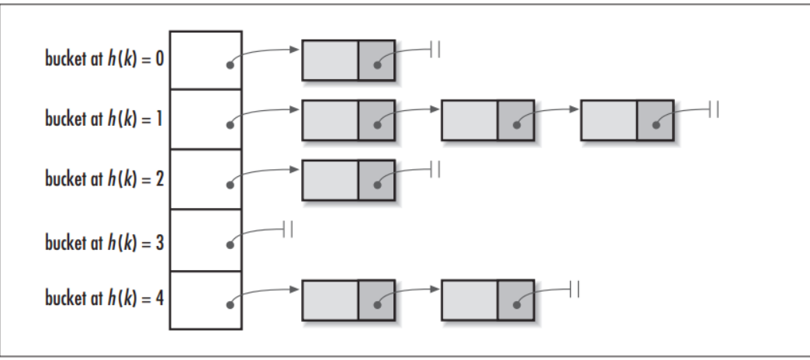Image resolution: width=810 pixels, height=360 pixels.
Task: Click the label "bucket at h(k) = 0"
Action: tap(104, 59)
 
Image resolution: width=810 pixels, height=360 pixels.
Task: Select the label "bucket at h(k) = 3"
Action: tap(104, 242)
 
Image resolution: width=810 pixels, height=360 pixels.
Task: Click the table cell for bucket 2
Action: tap(206, 179)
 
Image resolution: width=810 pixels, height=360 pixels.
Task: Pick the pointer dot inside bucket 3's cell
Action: tap(230, 245)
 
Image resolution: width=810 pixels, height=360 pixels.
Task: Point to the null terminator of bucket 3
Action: tap(289, 230)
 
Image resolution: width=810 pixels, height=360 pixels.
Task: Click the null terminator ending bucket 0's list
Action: tap(435, 50)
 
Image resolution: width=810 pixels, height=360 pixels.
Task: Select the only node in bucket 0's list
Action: tap(348, 61)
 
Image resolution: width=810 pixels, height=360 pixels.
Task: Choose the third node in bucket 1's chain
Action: tap(627, 120)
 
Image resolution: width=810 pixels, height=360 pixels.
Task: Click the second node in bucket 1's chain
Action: tap(488, 120)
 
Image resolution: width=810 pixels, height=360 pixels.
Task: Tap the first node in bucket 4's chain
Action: tap(348, 300)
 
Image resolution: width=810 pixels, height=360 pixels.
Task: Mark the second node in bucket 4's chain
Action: tap(488, 300)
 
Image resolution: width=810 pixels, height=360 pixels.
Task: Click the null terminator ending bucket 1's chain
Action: tap(714, 109)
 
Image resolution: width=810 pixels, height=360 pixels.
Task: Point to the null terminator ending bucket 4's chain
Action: tap(574, 289)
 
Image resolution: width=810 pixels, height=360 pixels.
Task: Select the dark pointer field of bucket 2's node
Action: tap(376, 180)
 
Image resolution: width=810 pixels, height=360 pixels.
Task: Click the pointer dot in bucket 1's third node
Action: tap(656, 125)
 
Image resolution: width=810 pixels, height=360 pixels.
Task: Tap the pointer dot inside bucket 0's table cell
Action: tap(230, 65)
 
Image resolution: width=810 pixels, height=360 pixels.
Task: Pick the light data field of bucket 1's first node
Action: tap(330, 120)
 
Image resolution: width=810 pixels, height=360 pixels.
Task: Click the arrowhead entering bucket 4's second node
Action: tap(435, 289)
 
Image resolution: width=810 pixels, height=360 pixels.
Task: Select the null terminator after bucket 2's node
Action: tap(435, 169)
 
